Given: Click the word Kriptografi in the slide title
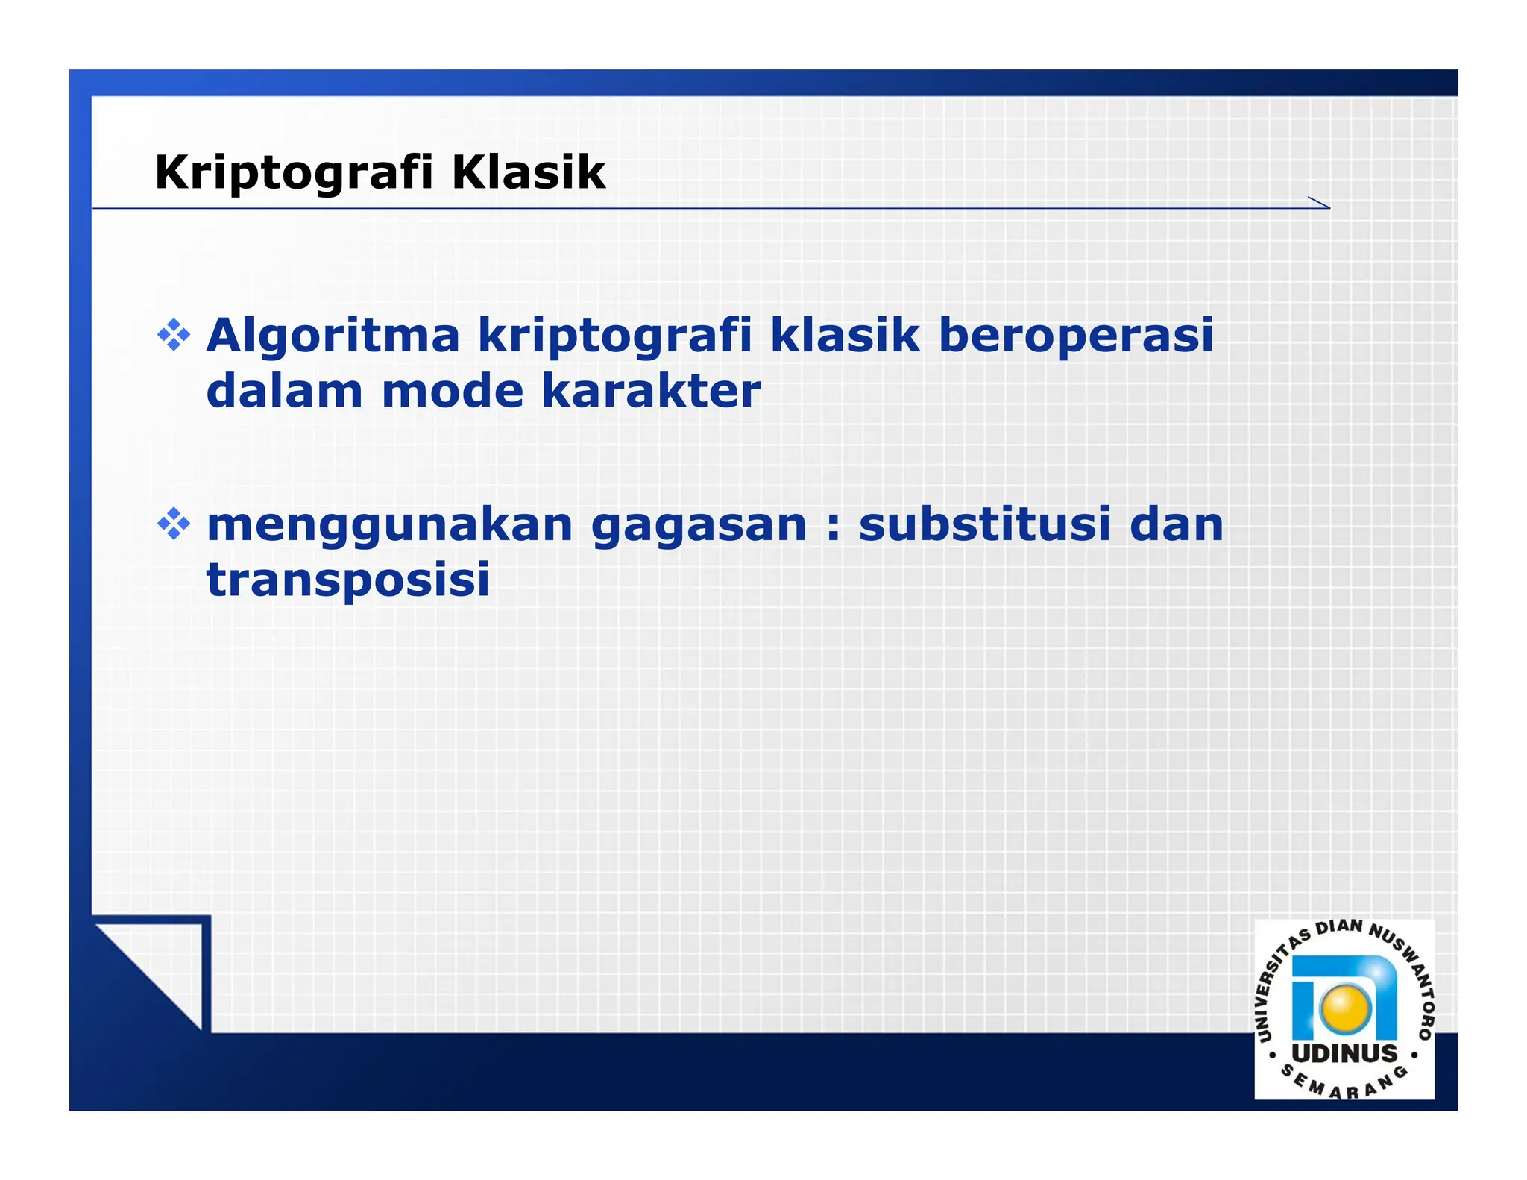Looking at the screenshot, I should pyautogui.click(x=294, y=173).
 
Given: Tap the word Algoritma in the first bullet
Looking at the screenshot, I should pyautogui.click(x=333, y=336).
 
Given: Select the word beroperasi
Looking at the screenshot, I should pyautogui.click(x=1075, y=336).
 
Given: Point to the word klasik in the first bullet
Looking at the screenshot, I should pyautogui.click(x=844, y=336).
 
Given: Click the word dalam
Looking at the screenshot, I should pyautogui.click(x=284, y=392).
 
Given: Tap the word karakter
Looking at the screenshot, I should pyautogui.click(x=651, y=392).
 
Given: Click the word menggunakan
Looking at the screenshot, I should pyautogui.click(x=389, y=526).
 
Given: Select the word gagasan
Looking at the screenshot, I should pyautogui.click(x=699, y=526).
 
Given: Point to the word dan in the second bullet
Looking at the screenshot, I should pyautogui.click(x=1177, y=524).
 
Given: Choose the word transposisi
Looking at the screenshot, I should pyautogui.click(x=348, y=581).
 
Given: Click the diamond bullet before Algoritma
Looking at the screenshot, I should pyautogui.click(x=174, y=336).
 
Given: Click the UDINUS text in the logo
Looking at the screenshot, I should pyautogui.click(x=1344, y=1053).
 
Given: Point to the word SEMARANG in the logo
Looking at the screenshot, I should pyautogui.click(x=1344, y=1086).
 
